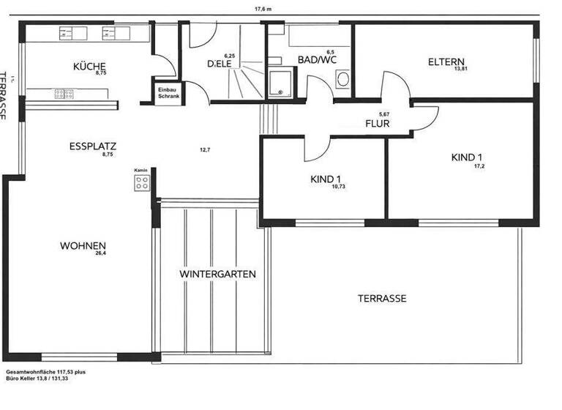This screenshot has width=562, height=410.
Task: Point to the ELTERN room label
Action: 446,61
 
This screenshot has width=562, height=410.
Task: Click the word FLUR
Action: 377,124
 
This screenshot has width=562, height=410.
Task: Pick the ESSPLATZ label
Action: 93,146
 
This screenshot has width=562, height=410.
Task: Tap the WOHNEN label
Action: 83,245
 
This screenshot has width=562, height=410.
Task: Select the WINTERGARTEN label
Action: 217,274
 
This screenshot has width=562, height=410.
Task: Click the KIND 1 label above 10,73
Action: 326,179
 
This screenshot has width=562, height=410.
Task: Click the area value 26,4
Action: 100,254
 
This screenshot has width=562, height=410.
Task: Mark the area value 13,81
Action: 460,69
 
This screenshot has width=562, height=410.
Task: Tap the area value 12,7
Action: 205,150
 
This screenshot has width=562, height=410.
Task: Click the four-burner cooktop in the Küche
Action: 64,93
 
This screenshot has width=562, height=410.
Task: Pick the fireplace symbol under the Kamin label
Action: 141,183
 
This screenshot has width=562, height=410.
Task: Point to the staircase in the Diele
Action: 246,81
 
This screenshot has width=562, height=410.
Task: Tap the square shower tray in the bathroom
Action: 279,84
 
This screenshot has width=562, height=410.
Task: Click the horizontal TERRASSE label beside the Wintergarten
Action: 381,299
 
